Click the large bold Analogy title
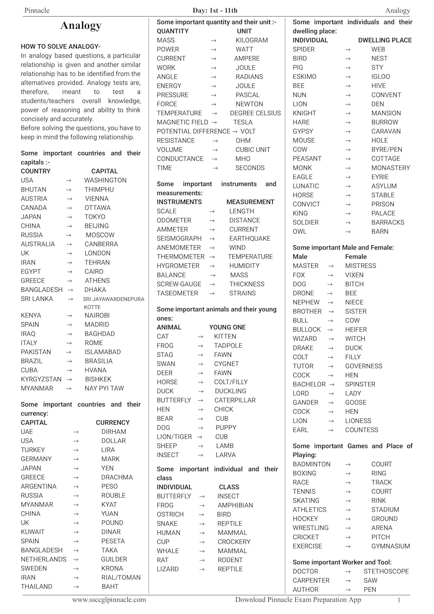[x=81, y=26]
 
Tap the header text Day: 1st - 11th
[x=215, y=10]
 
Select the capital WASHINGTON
[x=105, y=180]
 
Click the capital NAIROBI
[x=97, y=315]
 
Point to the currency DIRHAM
[x=114, y=431]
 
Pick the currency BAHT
[x=110, y=586]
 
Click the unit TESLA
[x=243, y=122]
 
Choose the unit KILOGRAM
[x=252, y=40]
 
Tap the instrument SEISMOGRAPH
[x=179, y=238]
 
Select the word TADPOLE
[x=228, y=345]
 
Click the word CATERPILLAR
[x=235, y=400]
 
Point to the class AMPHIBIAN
[x=235, y=505]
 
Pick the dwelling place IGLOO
[x=380, y=77]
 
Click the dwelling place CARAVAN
[x=386, y=131]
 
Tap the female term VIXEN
[x=354, y=275]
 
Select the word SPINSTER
[x=360, y=384]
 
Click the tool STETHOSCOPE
[x=386, y=571]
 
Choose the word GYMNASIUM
[x=390, y=546]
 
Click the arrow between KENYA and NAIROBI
[x=69, y=316]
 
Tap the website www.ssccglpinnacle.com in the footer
[x=109, y=600]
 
